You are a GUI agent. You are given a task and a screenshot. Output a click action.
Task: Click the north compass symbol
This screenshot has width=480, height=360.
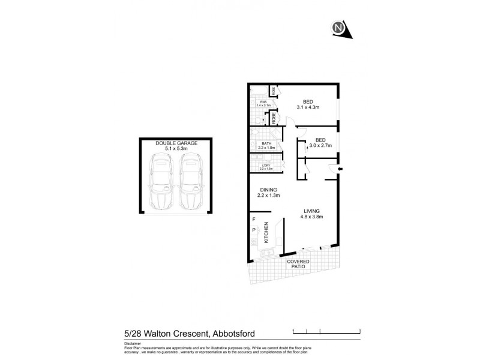[340, 28]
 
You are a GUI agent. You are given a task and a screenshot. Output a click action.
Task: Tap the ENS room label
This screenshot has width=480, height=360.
[263, 102]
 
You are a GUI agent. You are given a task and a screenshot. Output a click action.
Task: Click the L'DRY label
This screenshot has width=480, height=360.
[265, 166]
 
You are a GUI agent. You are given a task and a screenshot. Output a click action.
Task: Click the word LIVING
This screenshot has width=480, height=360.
[311, 211]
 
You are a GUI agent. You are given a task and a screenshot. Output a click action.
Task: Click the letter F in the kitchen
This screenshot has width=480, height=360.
[254, 220]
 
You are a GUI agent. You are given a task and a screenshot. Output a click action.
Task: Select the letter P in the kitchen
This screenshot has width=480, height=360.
[254, 229]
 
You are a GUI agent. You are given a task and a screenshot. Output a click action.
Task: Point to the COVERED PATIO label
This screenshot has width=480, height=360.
[298, 265]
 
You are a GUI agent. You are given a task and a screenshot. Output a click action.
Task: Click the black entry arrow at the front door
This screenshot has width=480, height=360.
[340, 170]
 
